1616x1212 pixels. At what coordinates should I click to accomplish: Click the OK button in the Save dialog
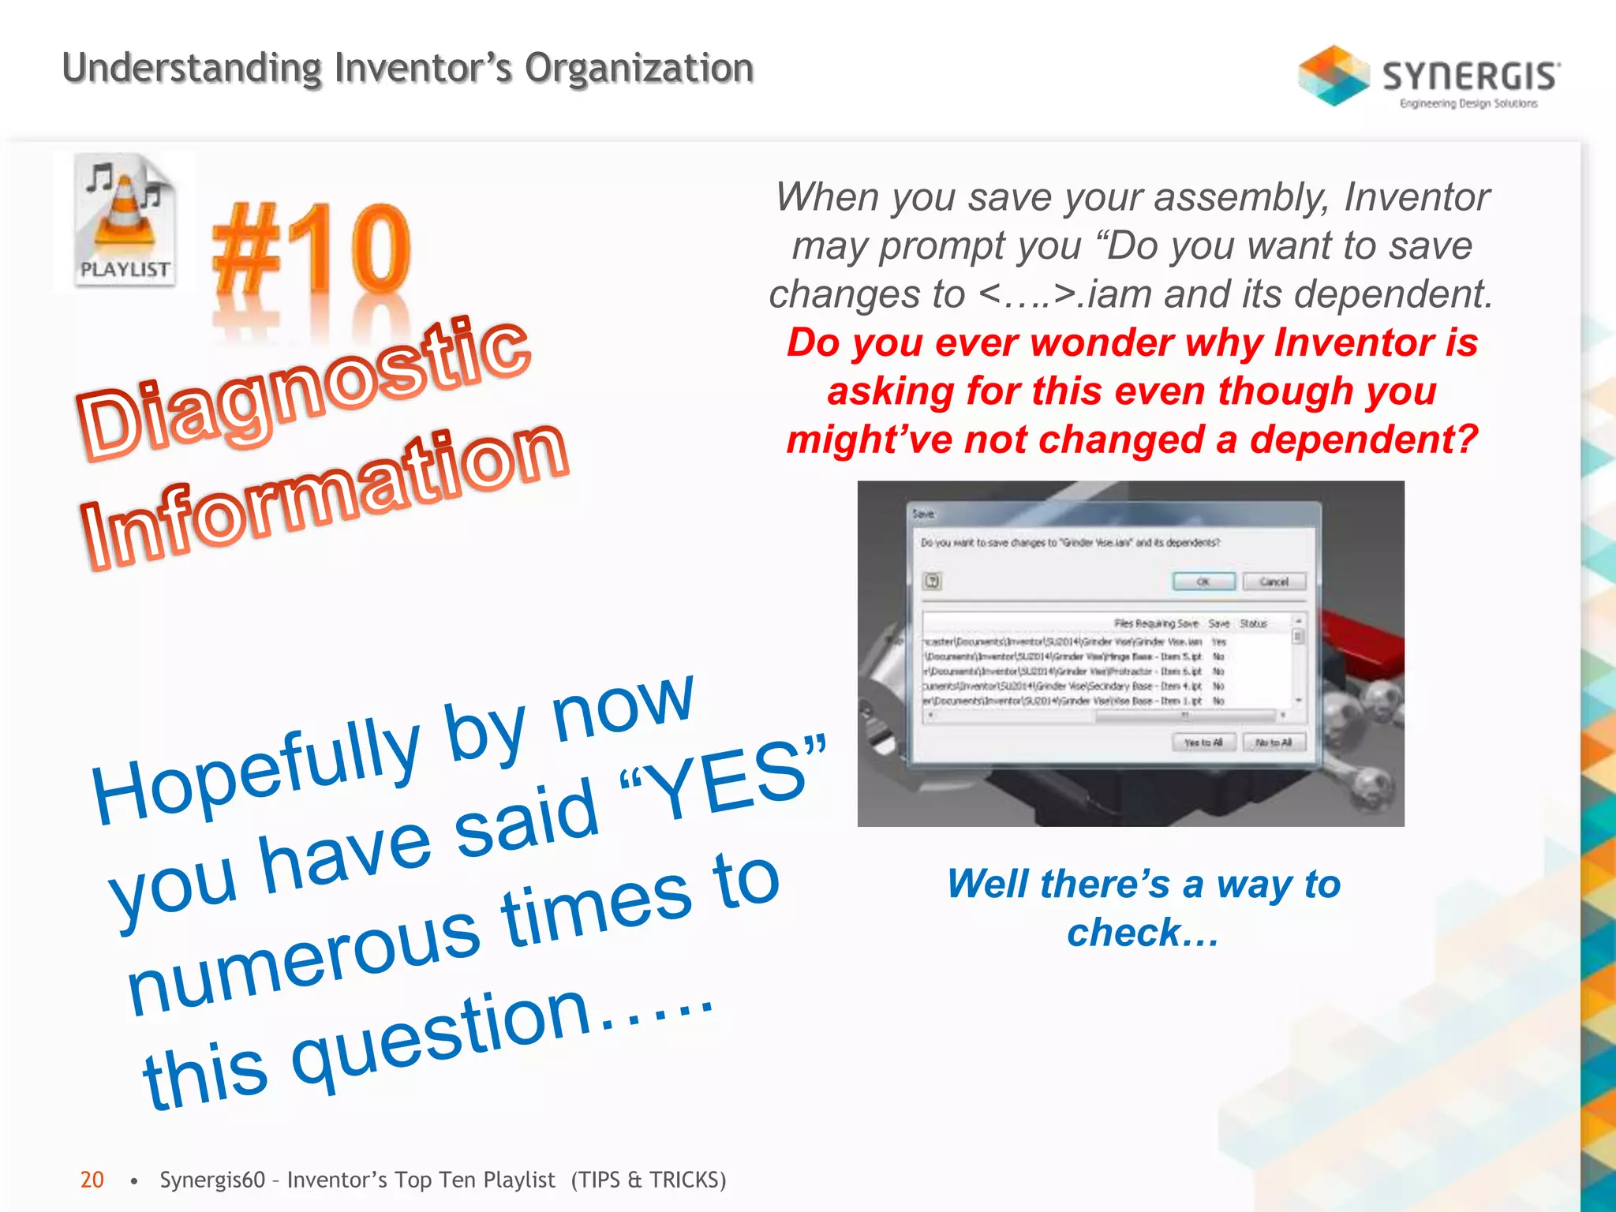point(1203,582)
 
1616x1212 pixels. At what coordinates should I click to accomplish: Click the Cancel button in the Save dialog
point(1274,582)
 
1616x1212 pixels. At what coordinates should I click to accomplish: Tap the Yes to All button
point(1203,743)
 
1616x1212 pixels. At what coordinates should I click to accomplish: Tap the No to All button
point(1274,743)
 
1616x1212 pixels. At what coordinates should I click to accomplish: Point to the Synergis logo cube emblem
point(1334,76)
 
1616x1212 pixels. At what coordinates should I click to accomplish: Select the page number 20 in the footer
point(92,1180)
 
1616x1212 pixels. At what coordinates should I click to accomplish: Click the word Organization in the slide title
point(638,68)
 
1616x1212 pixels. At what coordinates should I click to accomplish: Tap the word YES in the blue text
point(726,782)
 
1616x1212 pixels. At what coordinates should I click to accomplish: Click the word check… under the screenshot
point(1142,933)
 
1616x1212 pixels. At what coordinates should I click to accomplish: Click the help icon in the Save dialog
point(932,582)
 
